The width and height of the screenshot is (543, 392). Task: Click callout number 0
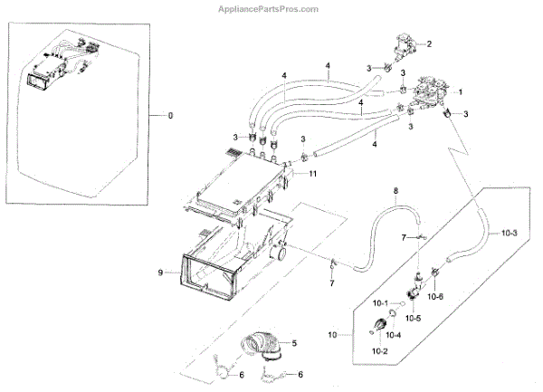[x=163, y=116]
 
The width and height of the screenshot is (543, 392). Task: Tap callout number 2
[x=429, y=43]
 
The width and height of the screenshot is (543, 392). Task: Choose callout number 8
[x=395, y=190]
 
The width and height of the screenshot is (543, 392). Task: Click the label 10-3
[x=510, y=233]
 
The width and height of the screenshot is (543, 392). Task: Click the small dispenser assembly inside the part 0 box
[x=59, y=66]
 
